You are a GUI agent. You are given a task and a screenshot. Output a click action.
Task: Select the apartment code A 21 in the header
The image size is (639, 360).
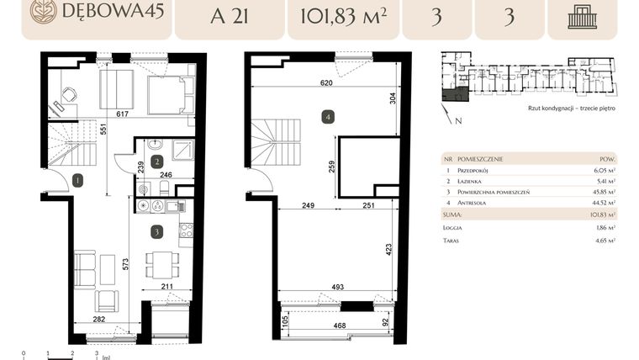(x=230, y=17)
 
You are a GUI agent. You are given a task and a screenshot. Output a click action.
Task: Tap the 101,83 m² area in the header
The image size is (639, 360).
(x=340, y=17)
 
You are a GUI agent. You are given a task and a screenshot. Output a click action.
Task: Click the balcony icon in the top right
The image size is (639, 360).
(x=582, y=17)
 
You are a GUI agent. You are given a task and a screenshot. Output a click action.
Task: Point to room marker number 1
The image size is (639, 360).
(x=77, y=179)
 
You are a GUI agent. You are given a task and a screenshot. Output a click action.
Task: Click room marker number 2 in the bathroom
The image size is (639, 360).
(x=156, y=161)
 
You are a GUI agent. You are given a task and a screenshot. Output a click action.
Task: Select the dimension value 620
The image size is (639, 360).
(x=326, y=83)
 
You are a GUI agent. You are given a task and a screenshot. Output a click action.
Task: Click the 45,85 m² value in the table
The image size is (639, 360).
(x=604, y=192)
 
